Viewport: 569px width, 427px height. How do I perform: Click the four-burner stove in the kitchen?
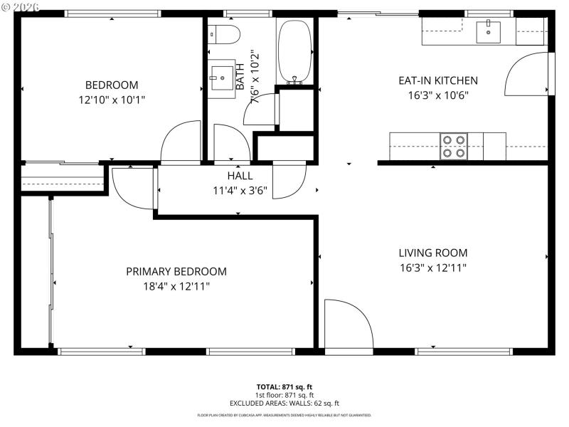pos(454,146)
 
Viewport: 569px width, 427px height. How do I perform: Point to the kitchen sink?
pos(489,30)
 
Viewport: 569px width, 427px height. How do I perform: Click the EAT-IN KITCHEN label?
pos(437,80)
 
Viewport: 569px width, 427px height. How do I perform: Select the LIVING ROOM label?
pos(432,253)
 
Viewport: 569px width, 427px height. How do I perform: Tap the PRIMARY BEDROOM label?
pos(176,271)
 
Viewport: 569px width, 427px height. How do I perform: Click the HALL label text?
pos(240,176)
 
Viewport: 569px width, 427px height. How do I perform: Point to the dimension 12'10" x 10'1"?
pos(112,100)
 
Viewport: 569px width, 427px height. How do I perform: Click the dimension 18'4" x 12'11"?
pos(176,286)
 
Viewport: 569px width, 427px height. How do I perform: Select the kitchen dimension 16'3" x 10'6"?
pos(437,95)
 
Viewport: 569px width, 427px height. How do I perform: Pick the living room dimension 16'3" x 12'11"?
pos(432,268)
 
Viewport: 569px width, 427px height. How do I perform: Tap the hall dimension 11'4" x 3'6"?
pos(240,190)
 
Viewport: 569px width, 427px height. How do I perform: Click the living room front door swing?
pos(349,326)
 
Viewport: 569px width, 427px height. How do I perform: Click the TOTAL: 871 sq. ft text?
pos(284,386)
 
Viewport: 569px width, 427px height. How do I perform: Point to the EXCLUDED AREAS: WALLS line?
pos(284,403)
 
